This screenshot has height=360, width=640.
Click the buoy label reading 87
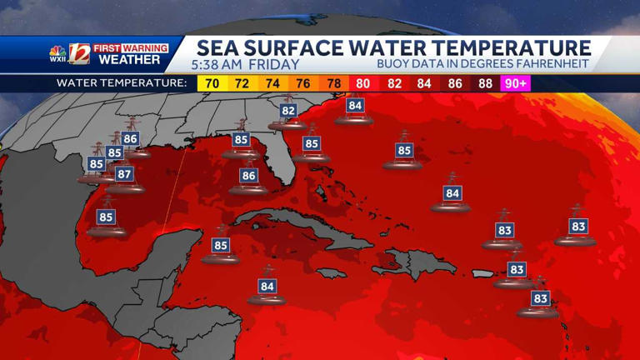pyautogui.click(x=124, y=174)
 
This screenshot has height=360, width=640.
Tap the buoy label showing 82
pyautogui.click(x=289, y=110)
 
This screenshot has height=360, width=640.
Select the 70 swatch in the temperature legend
pyautogui.click(x=211, y=83)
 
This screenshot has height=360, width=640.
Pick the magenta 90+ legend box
pyautogui.click(x=515, y=83)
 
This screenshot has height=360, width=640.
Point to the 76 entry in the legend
pyautogui.click(x=303, y=83)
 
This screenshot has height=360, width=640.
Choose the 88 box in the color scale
pyautogui.click(x=486, y=83)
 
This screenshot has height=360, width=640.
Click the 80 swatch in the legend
pyautogui.click(x=364, y=83)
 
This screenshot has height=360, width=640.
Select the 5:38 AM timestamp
pyautogui.click(x=215, y=64)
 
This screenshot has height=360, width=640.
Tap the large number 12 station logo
pyautogui.click(x=79, y=54)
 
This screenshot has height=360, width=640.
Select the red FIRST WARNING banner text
pyautogui.click(x=129, y=48)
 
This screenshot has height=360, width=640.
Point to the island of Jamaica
pyautogui.click(x=331, y=272)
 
